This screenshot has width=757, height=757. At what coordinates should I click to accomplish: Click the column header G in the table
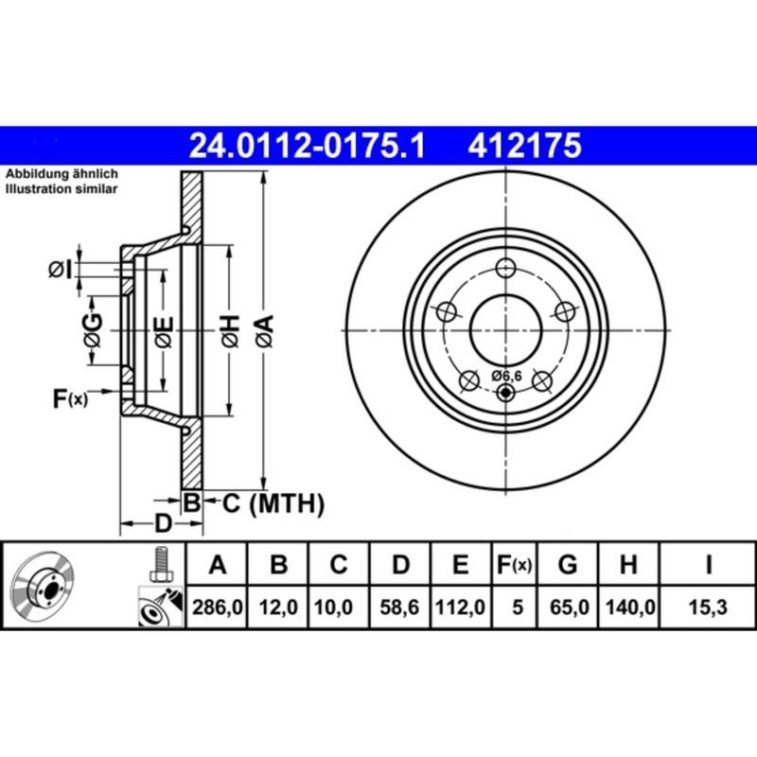point(568,566)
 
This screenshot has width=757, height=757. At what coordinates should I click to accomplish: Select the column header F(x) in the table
point(516,566)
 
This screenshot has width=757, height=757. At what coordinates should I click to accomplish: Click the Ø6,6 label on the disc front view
point(507,376)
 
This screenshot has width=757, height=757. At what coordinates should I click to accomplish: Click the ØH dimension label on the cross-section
point(229,330)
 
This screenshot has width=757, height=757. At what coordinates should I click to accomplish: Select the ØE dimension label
point(164,330)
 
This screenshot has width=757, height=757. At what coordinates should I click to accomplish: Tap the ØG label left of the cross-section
point(92,330)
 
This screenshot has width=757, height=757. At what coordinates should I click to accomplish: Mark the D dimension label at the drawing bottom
point(162,523)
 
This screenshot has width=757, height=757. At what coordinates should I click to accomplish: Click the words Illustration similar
point(62,190)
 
